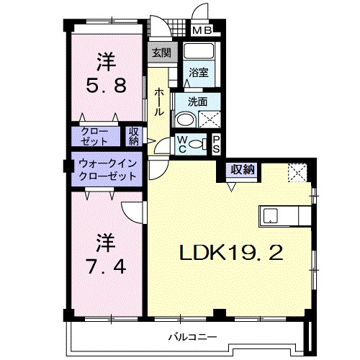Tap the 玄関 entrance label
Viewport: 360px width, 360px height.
pos(161,53)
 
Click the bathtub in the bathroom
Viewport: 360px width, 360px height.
pos(199,53)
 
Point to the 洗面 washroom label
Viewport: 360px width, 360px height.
pos(199,102)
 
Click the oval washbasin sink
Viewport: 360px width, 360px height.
pos(185,120)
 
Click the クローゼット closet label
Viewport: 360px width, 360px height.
pos(94,137)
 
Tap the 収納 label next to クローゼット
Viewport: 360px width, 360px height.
pos(134,137)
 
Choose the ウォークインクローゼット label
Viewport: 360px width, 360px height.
pos(107,169)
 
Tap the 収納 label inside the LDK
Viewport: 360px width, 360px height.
pos(242,170)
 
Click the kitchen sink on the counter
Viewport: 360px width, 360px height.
pos(271,215)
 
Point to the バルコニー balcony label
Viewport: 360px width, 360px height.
pos(189,336)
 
